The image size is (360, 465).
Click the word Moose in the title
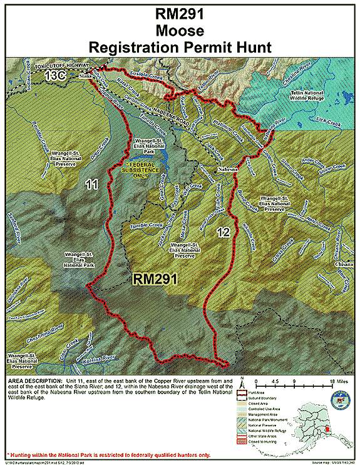(x=180, y=30)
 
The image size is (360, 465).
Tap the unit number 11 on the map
(x=92, y=185)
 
